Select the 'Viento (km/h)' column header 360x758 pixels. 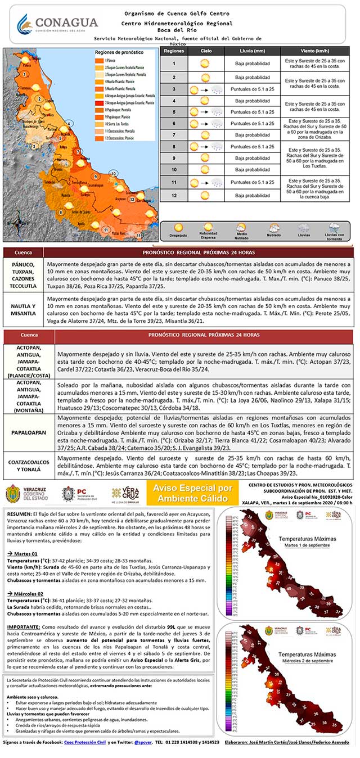(x=315, y=51)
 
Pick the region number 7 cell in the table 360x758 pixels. (x=174, y=135)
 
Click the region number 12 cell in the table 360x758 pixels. (x=174, y=195)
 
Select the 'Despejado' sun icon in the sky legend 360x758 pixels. (x=178, y=228)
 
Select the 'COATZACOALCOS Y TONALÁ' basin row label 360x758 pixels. (x=28, y=464)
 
